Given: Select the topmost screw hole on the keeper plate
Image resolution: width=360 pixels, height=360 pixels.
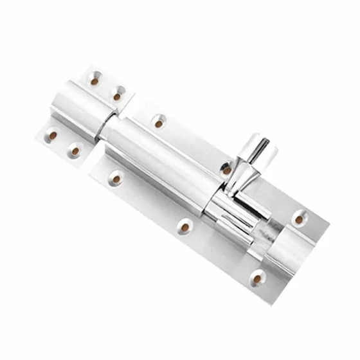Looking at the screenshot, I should click(x=94, y=82).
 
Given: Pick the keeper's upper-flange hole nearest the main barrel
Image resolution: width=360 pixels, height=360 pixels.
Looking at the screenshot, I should click(x=117, y=96).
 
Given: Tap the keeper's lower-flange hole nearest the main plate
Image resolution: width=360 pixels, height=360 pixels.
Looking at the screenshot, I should click(x=75, y=151).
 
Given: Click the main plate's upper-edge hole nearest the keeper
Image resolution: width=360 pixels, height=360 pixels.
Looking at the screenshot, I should click(x=159, y=122).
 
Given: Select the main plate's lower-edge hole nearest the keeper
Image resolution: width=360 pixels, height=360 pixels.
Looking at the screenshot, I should click(x=116, y=177).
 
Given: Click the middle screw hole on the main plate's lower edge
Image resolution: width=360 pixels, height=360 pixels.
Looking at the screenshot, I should click(x=185, y=226).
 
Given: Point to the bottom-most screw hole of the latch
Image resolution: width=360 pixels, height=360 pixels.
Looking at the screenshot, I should click(x=257, y=279).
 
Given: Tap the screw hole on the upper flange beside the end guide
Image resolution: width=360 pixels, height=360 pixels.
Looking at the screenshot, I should click(x=299, y=219).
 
